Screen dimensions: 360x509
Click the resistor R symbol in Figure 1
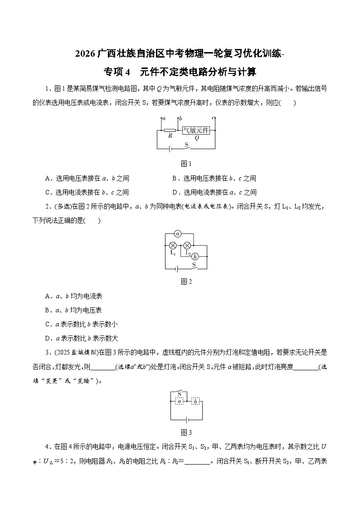point(170,130)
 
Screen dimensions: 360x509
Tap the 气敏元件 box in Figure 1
point(196,130)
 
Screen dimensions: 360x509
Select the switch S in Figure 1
point(187,146)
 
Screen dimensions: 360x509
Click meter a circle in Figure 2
point(178,234)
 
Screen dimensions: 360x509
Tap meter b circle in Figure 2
point(195,256)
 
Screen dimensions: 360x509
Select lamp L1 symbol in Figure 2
point(173,245)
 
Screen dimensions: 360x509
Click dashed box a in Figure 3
point(180,402)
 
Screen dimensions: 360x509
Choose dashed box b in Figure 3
point(195,402)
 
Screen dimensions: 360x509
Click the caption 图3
point(186,432)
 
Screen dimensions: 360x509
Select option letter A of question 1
point(48,179)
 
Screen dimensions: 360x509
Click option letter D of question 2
point(48,338)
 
